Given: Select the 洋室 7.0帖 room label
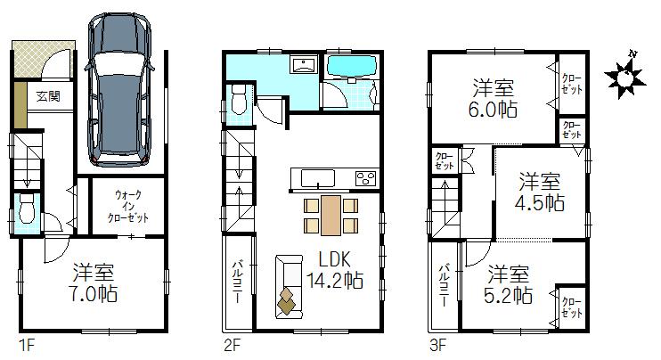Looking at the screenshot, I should [94, 282].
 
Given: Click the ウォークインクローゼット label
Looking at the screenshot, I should [128, 206].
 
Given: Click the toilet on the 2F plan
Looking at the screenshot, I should [237, 101].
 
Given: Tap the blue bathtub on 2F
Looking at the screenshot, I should [355, 67].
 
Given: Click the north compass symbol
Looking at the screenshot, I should [627, 78].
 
